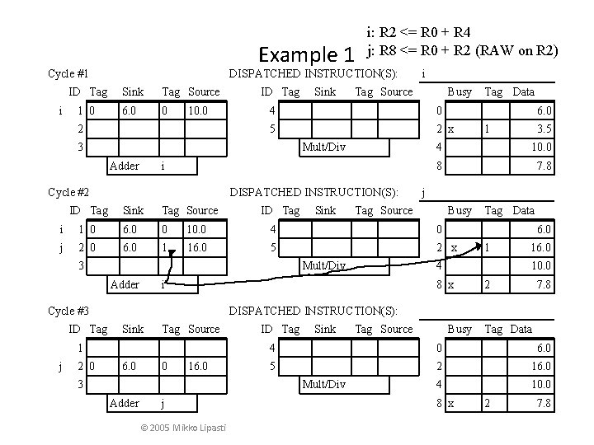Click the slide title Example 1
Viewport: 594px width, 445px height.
coord(306,55)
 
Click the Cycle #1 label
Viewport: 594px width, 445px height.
coord(68,74)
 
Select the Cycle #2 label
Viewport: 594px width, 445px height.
coord(68,193)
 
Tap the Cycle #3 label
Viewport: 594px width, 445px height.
coord(68,311)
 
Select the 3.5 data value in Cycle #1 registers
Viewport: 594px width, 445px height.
coord(544,129)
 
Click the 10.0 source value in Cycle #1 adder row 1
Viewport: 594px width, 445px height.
coord(199,110)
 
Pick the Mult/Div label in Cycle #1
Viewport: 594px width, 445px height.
coord(324,148)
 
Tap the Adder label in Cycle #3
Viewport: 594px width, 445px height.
coord(124,403)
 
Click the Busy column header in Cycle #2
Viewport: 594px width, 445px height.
coord(459,210)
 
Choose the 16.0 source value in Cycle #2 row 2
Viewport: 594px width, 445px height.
coord(199,246)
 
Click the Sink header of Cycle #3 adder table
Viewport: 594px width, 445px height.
coord(134,329)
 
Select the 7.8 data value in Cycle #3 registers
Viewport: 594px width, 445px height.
coord(544,403)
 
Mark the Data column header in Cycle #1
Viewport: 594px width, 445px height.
coord(523,91)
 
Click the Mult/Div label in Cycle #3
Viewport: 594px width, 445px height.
coord(324,384)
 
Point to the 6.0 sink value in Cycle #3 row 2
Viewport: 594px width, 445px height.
coord(130,365)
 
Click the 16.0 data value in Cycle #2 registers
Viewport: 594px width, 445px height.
coord(541,247)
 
